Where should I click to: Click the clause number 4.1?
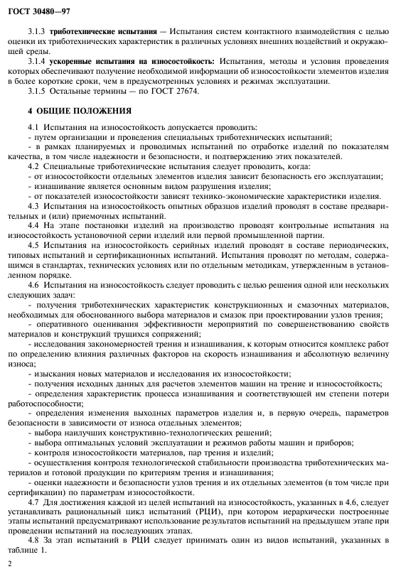[33, 126]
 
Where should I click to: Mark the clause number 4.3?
[33, 206]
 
